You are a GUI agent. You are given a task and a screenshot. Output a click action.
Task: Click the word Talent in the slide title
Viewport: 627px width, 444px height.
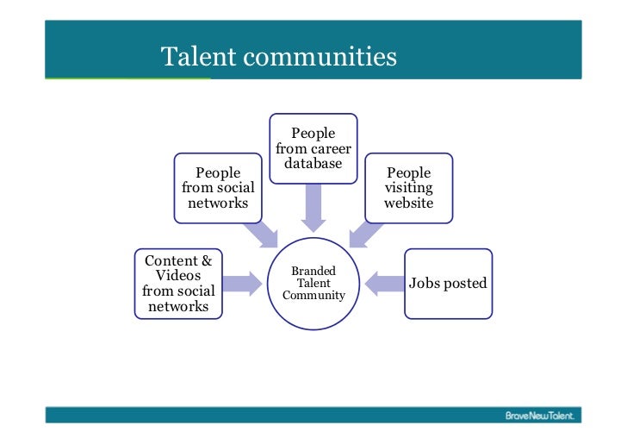click(x=199, y=57)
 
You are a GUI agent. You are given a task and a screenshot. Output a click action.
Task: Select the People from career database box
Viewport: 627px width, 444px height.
click(x=313, y=148)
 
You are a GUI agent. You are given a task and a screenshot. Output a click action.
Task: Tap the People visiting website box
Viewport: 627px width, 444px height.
click(x=408, y=188)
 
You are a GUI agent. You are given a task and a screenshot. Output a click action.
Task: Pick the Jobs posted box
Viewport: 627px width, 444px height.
click(x=448, y=283)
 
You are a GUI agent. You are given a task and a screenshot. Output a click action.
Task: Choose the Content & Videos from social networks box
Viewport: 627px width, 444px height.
click(x=178, y=283)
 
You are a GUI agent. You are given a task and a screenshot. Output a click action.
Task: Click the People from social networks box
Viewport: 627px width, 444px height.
click(x=218, y=188)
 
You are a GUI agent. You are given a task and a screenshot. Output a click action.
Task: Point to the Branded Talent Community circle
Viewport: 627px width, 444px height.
click(x=313, y=283)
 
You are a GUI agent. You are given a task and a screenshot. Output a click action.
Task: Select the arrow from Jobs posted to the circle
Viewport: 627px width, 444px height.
click(x=383, y=282)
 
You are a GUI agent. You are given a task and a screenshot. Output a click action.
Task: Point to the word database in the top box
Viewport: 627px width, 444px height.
click(x=313, y=164)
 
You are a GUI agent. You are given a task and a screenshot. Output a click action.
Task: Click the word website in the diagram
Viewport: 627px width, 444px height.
click(x=408, y=203)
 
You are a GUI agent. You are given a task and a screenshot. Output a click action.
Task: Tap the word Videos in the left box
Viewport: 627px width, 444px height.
click(x=178, y=276)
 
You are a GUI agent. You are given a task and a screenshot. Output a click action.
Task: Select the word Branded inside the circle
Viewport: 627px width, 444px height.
click(x=313, y=271)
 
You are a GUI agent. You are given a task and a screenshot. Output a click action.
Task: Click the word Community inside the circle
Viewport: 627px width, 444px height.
click(x=313, y=296)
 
